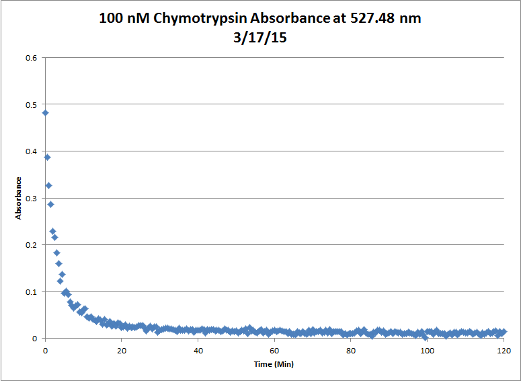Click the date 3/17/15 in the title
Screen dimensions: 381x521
click(260, 39)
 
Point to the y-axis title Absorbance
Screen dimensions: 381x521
click(19, 198)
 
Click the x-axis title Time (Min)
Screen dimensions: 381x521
click(274, 364)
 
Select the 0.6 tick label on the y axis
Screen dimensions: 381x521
click(32, 58)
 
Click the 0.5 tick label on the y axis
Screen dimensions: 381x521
click(32, 105)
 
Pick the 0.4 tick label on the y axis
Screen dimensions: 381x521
click(32, 151)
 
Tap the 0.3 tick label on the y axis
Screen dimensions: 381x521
click(32, 199)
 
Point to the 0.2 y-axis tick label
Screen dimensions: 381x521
click(32, 245)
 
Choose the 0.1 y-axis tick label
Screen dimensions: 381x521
click(32, 292)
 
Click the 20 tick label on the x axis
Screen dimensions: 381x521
click(122, 350)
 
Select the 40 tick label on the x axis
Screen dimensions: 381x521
click(198, 350)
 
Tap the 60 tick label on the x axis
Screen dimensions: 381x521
click(274, 350)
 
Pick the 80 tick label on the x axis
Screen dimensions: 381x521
click(350, 350)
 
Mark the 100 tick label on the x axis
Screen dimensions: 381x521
click(427, 350)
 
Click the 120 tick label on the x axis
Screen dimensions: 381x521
click(503, 350)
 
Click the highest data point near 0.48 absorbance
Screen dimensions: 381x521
click(45, 112)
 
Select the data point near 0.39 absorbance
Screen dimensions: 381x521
click(47, 158)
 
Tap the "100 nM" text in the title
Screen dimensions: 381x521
click(121, 19)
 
